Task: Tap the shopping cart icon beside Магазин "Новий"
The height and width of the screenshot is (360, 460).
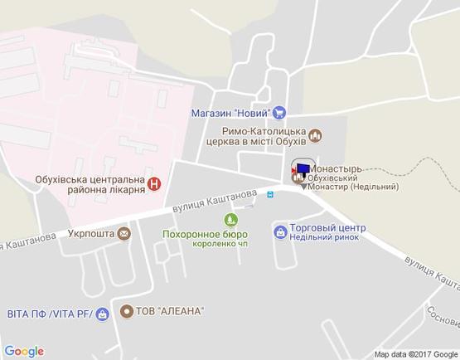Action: (x=279, y=113)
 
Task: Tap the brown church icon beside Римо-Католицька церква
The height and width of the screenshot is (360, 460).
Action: (x=315, y=135)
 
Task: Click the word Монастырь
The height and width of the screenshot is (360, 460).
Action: (x=334, y=168)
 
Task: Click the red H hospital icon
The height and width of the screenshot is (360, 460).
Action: (x=154, y=183)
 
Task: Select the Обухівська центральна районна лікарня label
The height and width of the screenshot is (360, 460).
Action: (x=90, y=183)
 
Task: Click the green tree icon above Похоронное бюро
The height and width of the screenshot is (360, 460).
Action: (x=230, y=220)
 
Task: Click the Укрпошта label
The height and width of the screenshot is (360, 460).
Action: (x=91, y=234)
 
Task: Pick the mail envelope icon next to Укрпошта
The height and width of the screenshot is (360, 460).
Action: (x=123, y=234)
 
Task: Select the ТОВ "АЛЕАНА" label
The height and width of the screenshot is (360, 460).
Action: (x=173, y=311)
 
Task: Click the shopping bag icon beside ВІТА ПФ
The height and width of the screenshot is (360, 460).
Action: (x=102, y=314)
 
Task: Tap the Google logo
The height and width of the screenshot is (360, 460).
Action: (x=24, y=351)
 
